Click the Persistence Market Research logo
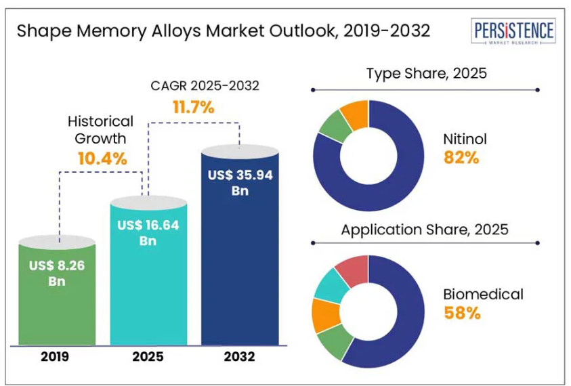(x=514, y=32)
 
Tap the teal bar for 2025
(x=148, y=284)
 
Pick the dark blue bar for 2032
(x=240, y=271)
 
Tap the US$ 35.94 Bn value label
(x=240, y=182)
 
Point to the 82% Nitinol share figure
(x=461, y=158)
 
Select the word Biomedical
(x=483, y=294)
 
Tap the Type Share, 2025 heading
(x=426, y=73)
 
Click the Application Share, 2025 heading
(x=425, y=229)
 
